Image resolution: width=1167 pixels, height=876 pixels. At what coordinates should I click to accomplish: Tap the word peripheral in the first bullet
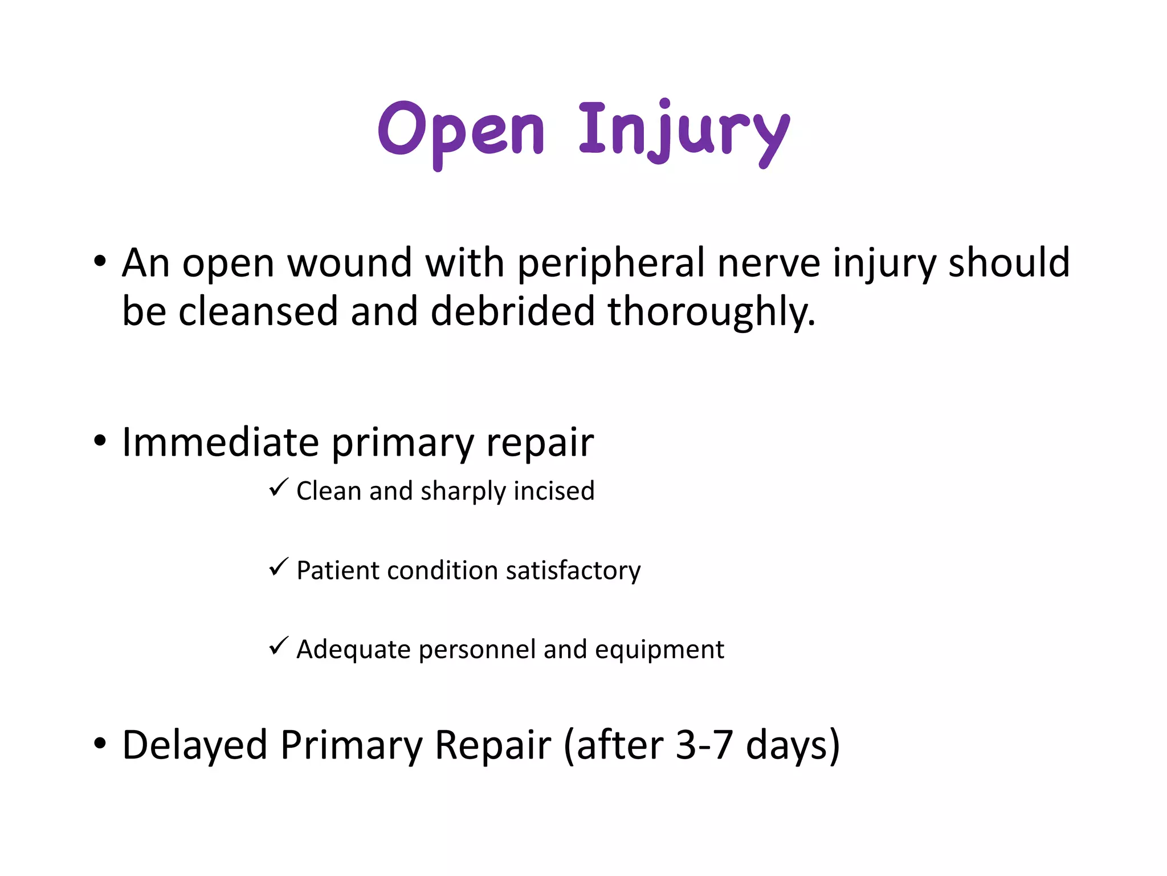[610, 263]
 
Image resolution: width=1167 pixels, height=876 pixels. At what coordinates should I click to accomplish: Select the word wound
[349, 263]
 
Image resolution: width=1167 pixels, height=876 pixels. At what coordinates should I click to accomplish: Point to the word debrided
[512, 312]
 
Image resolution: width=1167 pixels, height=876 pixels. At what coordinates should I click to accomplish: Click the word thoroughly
[711, 312]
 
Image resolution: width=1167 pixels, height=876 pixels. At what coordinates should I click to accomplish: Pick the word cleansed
[258, 312]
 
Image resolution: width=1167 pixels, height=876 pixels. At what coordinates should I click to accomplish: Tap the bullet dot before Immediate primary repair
[100, 441]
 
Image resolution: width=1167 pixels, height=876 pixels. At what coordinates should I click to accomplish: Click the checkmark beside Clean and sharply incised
[279, 488]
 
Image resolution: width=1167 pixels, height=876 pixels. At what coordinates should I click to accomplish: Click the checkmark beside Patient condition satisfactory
[279, 567]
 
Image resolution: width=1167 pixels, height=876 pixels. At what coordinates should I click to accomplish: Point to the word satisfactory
[573, 570]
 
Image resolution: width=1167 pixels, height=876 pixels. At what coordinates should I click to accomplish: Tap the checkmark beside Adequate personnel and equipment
[279, 646]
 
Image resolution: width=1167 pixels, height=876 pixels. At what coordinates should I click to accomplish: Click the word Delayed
[194, 745]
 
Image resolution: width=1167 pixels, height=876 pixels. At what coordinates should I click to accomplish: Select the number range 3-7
[704, 745]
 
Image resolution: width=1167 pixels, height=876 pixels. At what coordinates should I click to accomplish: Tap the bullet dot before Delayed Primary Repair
[100, 744]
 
